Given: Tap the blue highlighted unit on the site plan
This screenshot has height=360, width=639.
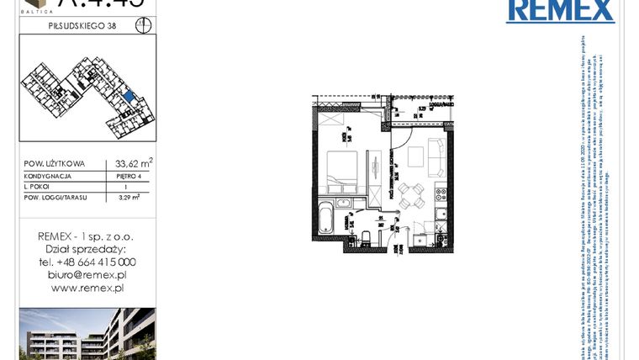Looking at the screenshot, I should (128, 99).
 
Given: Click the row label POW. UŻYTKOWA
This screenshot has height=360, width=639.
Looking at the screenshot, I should (55, 165).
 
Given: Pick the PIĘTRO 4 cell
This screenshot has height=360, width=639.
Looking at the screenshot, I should (129, 177).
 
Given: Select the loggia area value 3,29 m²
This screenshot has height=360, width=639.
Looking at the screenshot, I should (129, 198).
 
